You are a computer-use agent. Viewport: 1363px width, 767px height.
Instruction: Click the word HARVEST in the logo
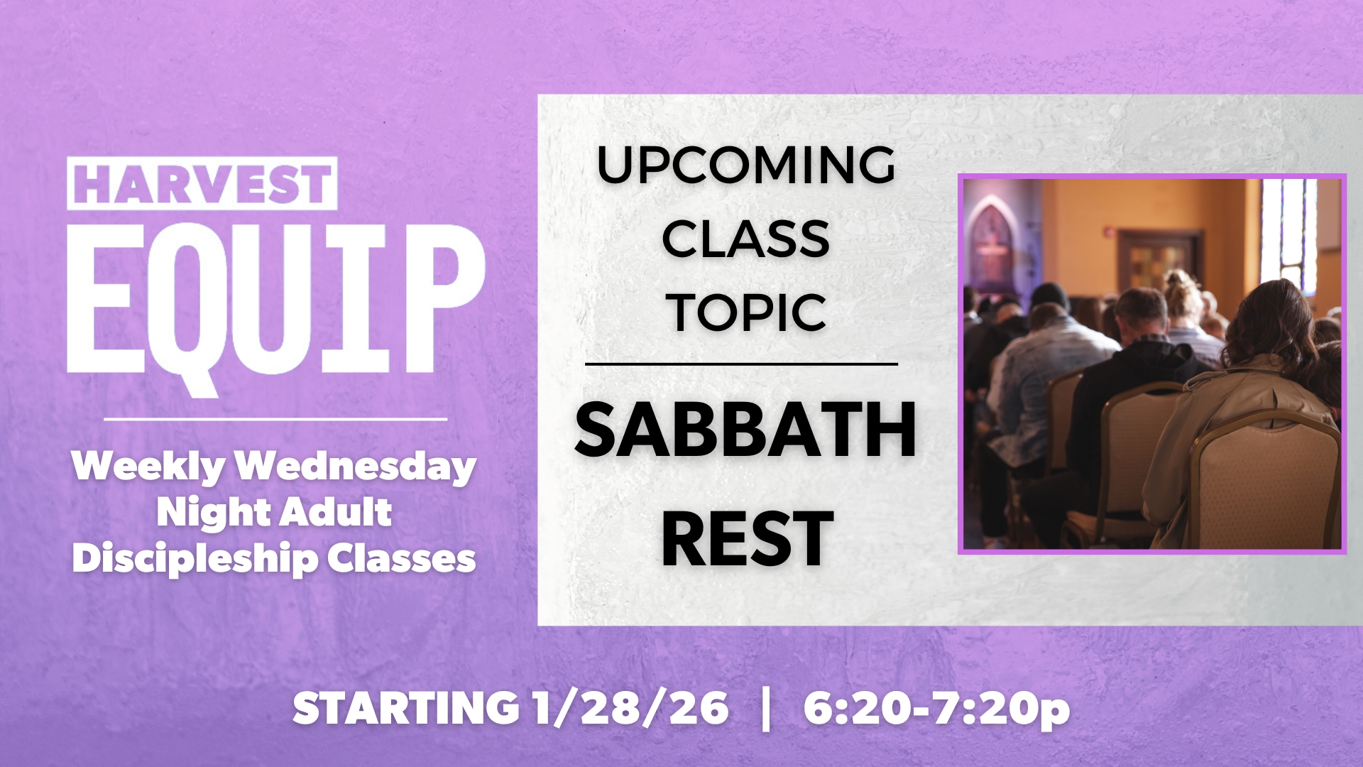202,183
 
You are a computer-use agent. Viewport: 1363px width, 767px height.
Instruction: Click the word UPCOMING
745,165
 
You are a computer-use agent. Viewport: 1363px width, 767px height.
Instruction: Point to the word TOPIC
748,312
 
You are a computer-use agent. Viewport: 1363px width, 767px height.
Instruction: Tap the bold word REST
747,538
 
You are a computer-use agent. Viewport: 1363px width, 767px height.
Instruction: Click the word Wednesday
355,467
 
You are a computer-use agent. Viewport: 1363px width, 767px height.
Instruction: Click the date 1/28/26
630,709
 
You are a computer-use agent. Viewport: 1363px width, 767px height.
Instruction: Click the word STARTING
406,709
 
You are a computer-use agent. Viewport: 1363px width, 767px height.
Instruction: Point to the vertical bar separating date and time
765,709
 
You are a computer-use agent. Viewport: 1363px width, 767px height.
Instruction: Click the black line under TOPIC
741,364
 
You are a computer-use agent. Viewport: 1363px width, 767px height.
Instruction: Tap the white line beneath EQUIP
275,419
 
